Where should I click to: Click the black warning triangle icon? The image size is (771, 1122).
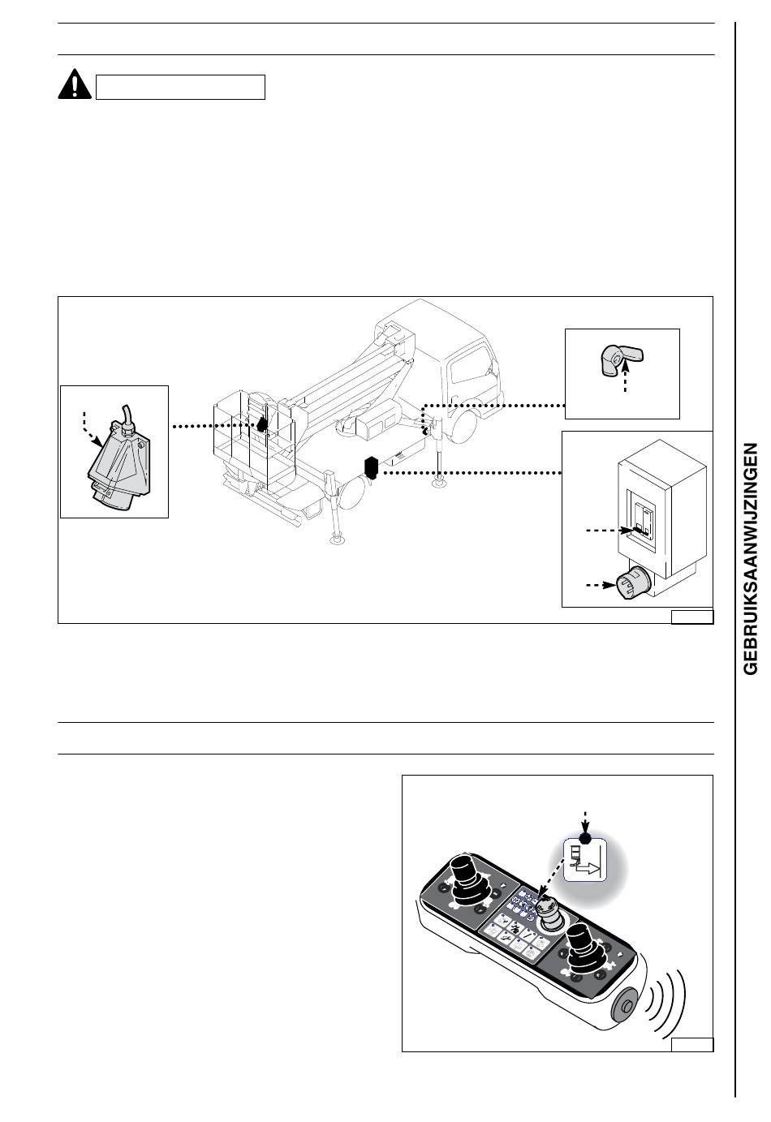coord(75,84)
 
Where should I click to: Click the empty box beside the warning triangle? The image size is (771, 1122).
coord(180,87)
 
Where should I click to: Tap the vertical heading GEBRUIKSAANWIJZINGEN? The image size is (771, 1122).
coord(750,558)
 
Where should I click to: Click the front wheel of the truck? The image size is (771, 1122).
coord(460,426)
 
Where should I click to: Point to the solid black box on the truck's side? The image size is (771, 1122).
coord(371,466)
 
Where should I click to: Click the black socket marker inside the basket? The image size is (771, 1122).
coord(262,425)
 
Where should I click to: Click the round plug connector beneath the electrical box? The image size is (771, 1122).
coord(634,584)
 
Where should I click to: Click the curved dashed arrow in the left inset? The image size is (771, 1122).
coord(91,429)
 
